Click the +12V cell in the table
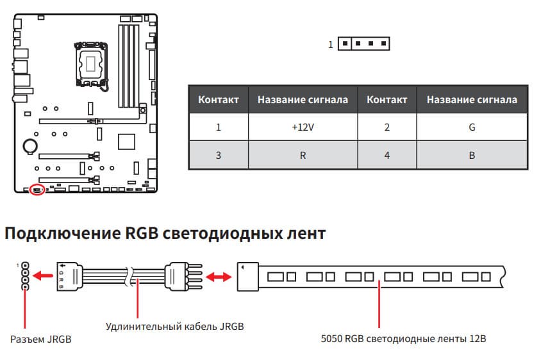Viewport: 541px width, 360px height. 303,127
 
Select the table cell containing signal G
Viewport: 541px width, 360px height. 472,127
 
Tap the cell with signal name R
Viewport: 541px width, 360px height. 303,156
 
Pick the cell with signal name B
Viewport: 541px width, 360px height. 472,156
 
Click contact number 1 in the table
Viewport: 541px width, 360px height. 219,127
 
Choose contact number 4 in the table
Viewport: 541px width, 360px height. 387,156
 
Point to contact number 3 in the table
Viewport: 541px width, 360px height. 219,156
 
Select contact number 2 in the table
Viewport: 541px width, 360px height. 387,127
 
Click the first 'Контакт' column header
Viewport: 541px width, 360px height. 219,99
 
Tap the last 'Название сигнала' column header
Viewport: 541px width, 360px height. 472,99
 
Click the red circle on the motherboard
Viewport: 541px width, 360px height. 37,190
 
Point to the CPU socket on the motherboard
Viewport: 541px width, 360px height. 91,63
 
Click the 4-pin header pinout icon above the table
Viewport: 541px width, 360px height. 363,44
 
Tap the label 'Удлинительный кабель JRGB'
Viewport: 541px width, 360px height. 174,326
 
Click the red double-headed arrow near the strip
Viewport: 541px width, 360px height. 219,277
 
